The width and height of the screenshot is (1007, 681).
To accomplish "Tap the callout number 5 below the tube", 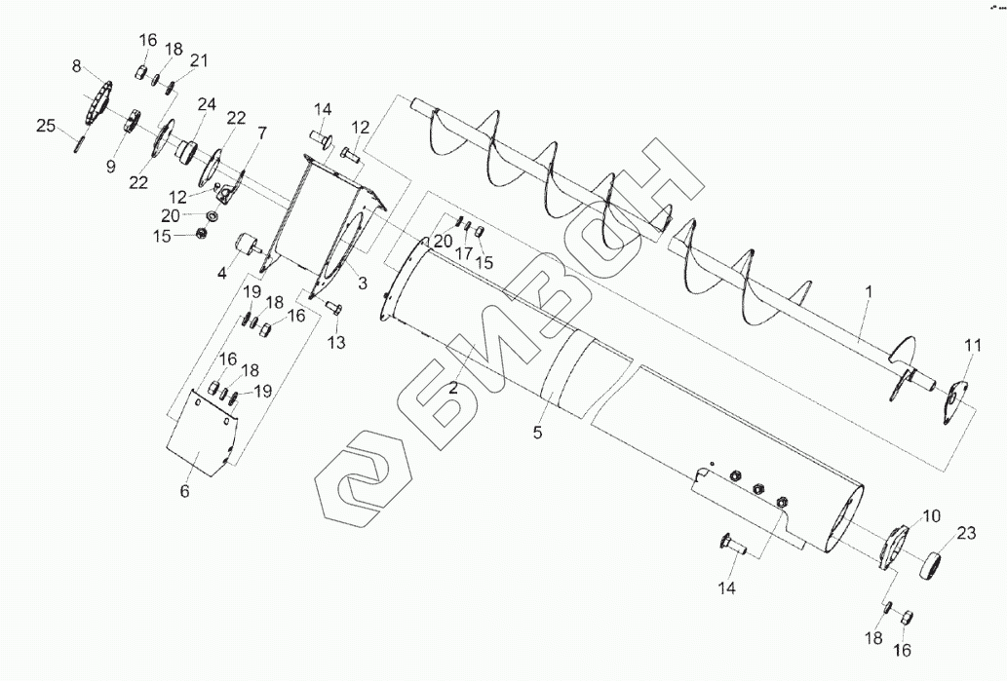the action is click(537, 434).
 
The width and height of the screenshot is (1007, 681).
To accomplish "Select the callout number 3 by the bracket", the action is click(363, 283).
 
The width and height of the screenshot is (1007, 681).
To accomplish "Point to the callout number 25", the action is click(46, 126).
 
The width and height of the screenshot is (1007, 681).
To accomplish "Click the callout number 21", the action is click(199, 61).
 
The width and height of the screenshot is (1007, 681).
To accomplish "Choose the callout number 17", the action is click(464, 253).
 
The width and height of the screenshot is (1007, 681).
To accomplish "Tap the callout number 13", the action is click(336, 342).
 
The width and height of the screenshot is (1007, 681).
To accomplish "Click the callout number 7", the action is click(261, 133).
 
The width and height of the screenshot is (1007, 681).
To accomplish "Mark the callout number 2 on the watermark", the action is click(453, 387).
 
